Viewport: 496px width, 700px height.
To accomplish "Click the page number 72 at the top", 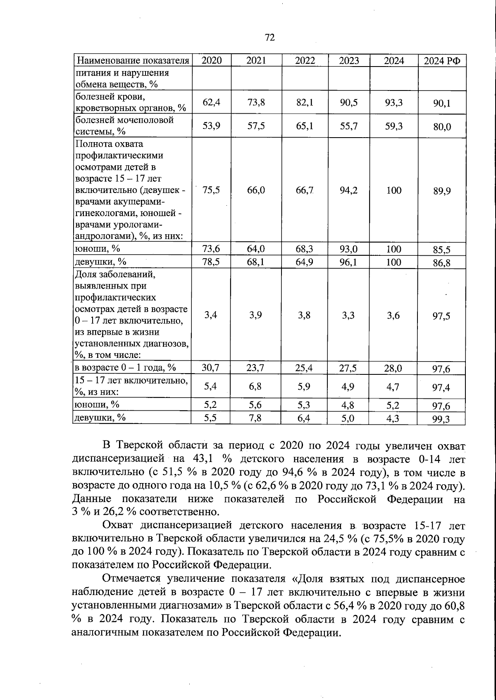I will tap(269, 38).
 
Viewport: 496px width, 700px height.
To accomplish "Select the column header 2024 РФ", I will tap(442, 61).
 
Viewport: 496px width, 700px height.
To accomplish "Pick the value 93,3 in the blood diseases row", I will tap(393, 102).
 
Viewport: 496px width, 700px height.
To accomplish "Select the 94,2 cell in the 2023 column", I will tap(349, 190).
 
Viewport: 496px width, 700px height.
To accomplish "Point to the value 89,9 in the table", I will tap(442, 191).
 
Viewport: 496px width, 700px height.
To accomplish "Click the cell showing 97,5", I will tap(442, 316).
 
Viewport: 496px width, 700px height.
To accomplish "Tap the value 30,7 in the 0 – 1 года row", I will tap(211, 368).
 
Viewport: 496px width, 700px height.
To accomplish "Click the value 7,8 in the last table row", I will tap(256, 418).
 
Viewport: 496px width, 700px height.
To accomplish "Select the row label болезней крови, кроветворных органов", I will tap(130, 102).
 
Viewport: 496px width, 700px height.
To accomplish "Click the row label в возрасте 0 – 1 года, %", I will tap(125, 368).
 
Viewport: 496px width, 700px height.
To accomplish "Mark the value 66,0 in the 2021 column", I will tap(256, 190).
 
